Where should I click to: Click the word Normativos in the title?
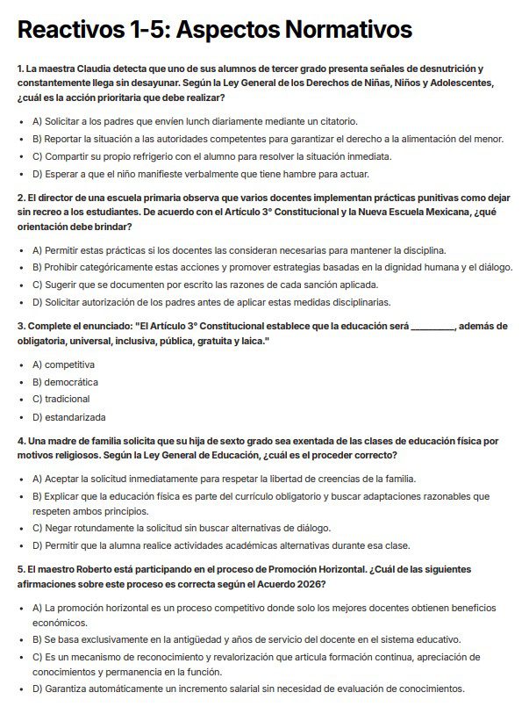[347, 31]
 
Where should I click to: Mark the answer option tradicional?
[68, 400]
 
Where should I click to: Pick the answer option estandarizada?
[75, 417]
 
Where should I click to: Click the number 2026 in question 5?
[309, 583]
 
